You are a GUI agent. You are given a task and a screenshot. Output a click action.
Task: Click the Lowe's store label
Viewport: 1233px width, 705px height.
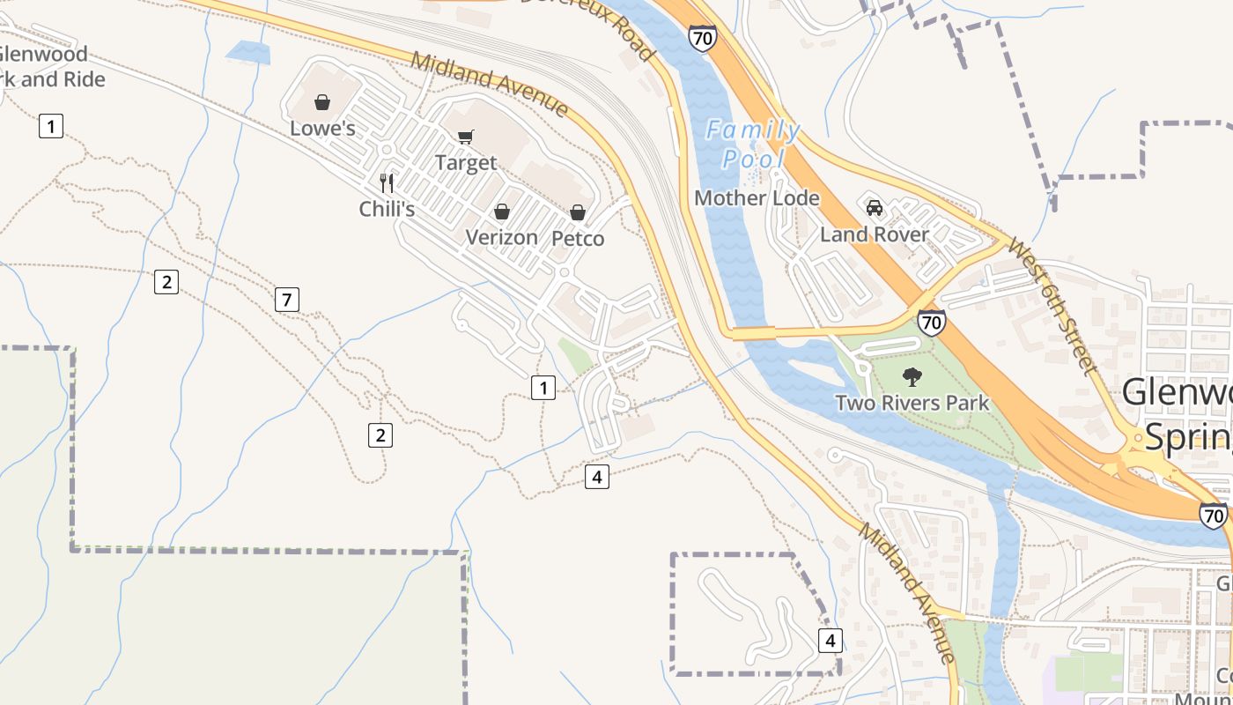(x=322, y=129)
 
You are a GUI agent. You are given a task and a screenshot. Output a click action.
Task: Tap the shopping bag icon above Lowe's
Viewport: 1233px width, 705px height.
(x=322, y=102)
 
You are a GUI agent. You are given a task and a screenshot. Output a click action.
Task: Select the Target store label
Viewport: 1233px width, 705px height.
(x=466, y=163)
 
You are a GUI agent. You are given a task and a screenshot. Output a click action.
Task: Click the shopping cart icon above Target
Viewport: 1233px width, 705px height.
(x=466, y=137)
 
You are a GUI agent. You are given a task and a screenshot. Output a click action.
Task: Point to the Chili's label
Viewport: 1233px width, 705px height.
(x=387, y=209)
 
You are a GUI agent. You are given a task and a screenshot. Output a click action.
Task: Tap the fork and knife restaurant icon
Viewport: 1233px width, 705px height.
(x=387, y=182)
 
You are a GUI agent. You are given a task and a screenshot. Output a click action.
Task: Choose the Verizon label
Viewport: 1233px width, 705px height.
(x=501, y=237)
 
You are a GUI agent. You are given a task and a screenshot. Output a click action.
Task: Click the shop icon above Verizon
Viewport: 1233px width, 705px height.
(x=501, y=211)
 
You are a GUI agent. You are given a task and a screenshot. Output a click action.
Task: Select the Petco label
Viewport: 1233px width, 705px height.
(x=578, y=239)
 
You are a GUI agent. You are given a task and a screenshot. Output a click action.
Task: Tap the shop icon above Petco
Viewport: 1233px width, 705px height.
(x=578, y=212)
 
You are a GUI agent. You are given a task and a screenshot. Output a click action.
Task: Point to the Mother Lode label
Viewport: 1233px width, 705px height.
(x=757, y=198)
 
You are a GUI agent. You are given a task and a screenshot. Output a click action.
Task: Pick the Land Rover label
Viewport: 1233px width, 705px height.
(x=875, y=234)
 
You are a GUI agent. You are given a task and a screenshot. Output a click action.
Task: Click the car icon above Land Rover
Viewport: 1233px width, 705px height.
(x=875, y=208)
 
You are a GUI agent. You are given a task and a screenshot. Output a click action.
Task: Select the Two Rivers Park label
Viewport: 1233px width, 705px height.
(x=912, y=404)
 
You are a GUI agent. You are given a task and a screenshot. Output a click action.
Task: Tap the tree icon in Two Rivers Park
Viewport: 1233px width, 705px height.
(x=912, y=377)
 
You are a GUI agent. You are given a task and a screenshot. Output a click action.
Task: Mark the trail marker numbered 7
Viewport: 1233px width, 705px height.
(x=286, y=300)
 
